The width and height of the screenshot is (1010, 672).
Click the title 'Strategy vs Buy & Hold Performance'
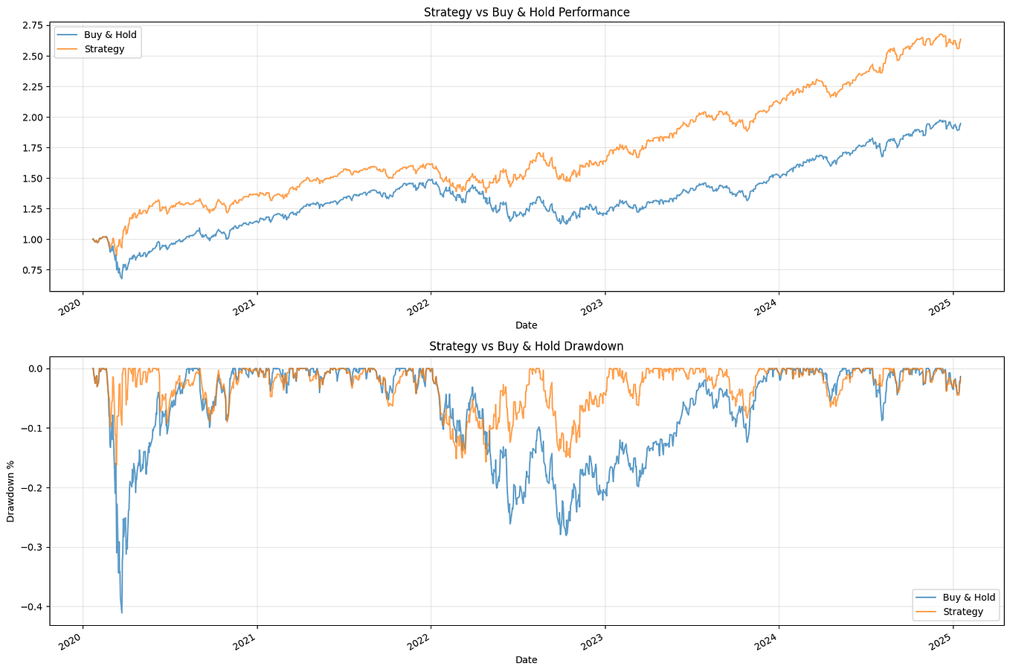526,12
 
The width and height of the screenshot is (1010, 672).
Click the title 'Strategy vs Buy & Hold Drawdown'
526,346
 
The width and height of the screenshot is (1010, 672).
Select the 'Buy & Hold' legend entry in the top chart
110,35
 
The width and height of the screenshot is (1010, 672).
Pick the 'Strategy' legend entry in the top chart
104,49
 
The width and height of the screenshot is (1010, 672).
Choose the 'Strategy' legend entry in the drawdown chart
962,612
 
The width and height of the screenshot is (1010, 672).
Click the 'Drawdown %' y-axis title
11,491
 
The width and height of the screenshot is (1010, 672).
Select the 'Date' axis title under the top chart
526,325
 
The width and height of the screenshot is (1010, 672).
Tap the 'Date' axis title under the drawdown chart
526,660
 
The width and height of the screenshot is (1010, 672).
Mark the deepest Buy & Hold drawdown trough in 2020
122,612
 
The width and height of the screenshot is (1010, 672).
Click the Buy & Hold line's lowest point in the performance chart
122,278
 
